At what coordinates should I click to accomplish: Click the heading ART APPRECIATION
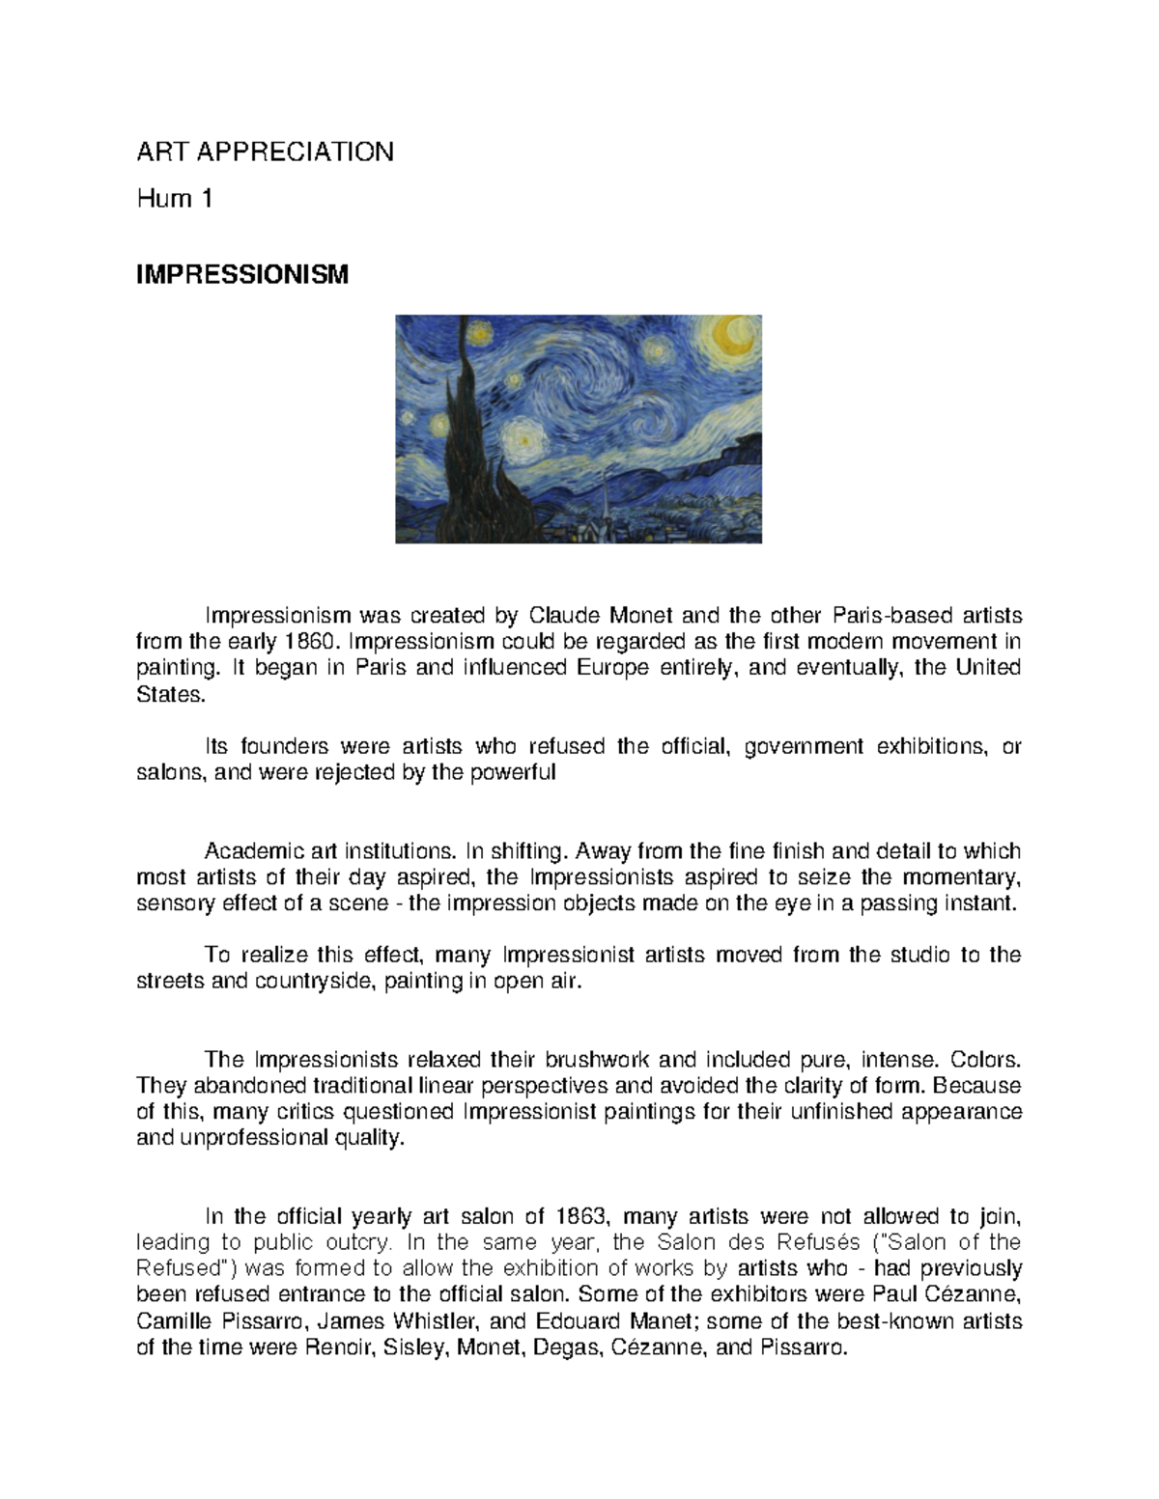tap(265, 152)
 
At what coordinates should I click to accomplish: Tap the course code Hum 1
tap(174, 200)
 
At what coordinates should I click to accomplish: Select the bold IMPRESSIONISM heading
tap(241, 275)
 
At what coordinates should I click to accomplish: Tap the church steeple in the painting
tap(604, 502)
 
